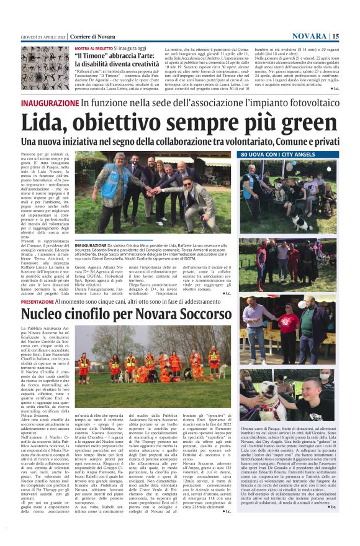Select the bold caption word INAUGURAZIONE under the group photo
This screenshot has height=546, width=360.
91,245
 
